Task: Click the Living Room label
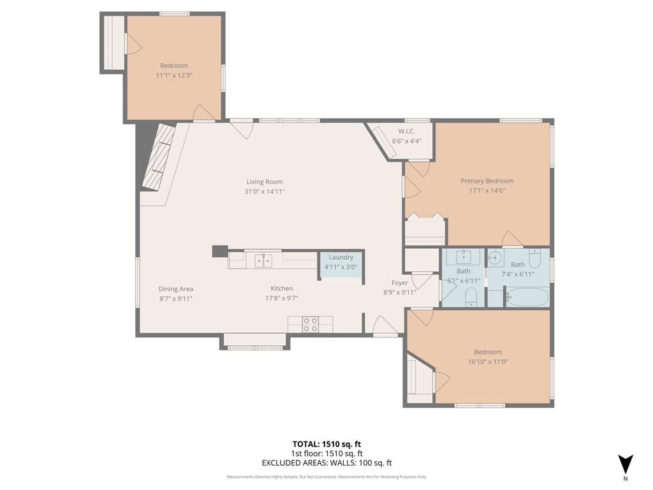click(x=265, y=182)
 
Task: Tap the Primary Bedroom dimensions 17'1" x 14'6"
click(x=487, y=190)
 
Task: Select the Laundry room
click(x=341, y=262)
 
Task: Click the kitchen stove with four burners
click(x=311, y=324)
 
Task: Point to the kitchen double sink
click(x=263, y=260)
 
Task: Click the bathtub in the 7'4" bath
click(x=527, y=297)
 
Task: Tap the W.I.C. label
click(x=406, y=131)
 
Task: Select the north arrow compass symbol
click(x=625, y=464)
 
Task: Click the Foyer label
click(x=400, y=283)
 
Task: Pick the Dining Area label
click(x=175, y=289)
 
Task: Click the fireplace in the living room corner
click(x=157, y=157)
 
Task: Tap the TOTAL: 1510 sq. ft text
click(x=326, y=444)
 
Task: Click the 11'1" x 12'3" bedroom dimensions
click(x=174, y=75)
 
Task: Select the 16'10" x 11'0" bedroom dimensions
click(x=487, y=361)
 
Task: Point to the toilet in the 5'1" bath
click(x=471, y=296)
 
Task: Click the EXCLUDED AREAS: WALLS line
click(x=326, y=463)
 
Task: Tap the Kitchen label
click(x=281, y=288)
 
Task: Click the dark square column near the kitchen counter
click(x=219, y=251)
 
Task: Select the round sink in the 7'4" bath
click(x=495, y=259)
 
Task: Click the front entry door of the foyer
click(x=385, y=327)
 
